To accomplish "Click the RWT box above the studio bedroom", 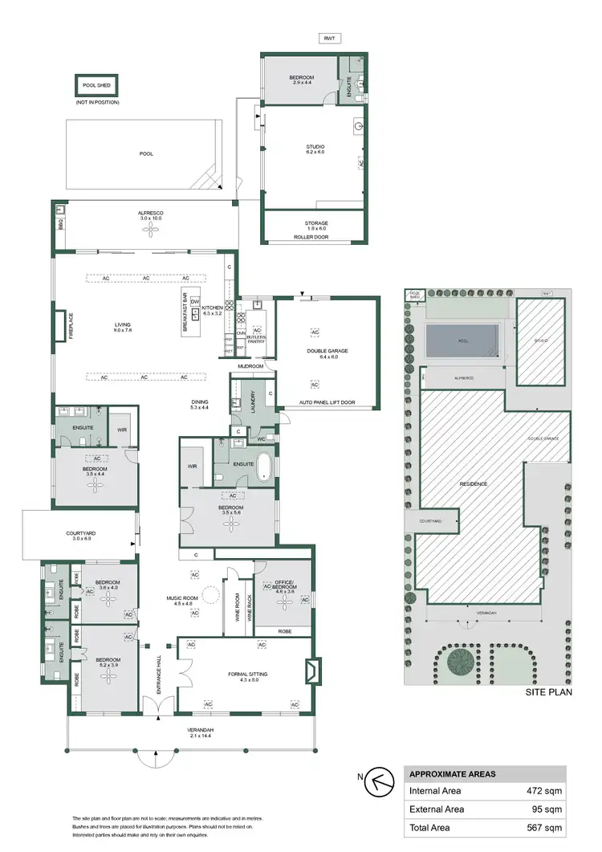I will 328,37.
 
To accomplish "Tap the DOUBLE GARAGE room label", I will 327,351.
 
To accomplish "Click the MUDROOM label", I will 250,365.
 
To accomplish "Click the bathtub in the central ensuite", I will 264,468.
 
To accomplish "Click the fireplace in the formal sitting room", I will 312,669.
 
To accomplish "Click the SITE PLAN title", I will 548,691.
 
